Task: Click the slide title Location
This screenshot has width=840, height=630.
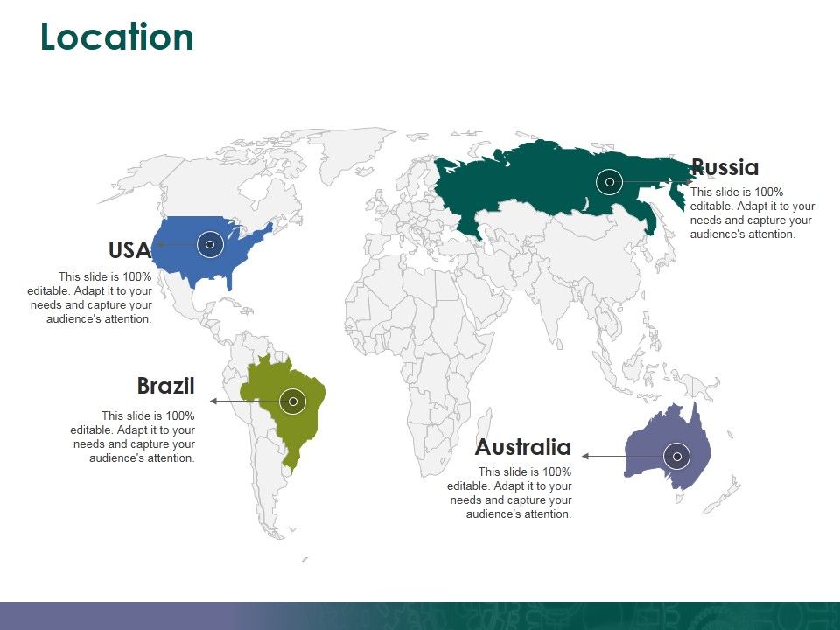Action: point(117,38)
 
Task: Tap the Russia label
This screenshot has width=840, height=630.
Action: point(724,167)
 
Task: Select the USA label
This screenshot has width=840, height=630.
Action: point(129,250)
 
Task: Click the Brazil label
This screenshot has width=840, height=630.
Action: point(165,386)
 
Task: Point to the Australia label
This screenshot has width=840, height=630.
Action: point(522,448)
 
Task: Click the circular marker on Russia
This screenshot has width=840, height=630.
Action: point(609,182)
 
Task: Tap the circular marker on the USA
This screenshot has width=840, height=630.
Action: point(210,245)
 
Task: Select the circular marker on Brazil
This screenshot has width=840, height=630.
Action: point(293,402)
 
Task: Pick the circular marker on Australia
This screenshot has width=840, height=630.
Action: point(676,457)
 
